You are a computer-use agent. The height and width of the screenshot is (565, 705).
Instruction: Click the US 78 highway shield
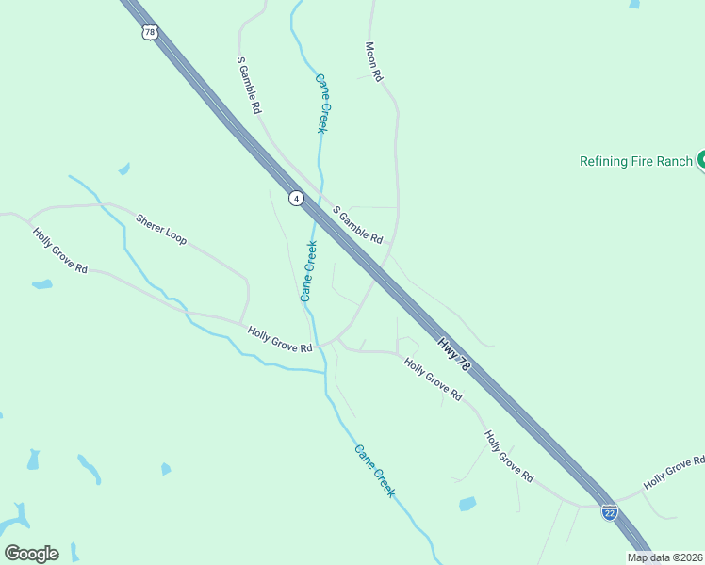149,32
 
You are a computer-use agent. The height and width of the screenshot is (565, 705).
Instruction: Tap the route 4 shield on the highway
297,198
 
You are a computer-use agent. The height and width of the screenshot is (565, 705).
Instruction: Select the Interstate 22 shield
610,512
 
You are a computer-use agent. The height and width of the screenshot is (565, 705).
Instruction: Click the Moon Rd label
373,61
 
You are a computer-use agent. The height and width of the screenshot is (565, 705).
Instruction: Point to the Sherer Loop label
161,229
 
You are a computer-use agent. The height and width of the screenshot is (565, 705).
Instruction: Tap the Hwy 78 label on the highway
453,353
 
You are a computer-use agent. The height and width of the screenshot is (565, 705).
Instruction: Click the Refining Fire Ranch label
635,161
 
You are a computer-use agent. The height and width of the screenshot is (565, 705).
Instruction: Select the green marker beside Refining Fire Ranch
701,160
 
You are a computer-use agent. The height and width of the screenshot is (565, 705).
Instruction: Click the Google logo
31,554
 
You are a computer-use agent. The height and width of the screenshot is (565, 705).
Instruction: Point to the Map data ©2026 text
665,557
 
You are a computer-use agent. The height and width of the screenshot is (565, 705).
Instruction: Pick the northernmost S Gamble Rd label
249,86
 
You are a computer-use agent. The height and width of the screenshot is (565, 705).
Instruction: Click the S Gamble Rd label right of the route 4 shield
358,224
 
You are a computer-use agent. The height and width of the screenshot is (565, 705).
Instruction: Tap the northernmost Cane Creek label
320,104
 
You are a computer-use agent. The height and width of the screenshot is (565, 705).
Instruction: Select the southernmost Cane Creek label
374,470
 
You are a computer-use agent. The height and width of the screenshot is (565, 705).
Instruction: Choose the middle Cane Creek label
308,271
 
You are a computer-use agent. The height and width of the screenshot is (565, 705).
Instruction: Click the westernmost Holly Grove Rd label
59,250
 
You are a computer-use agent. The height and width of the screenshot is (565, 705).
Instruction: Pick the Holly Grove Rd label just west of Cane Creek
280,340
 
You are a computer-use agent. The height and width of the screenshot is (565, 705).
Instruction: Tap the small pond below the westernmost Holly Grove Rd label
41,284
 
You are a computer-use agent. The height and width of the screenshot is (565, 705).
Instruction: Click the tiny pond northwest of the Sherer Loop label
123,169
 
